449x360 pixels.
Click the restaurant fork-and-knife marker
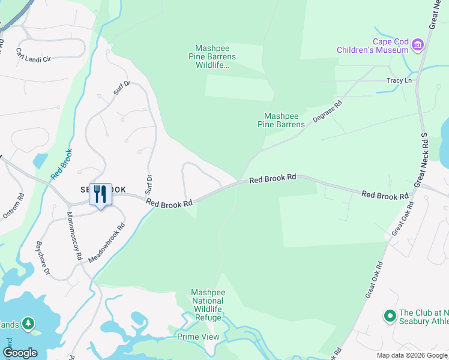tap(100, 194)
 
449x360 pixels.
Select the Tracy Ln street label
tap(399, 80)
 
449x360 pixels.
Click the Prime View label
tap(199, 337)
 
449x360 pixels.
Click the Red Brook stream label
tap(61, 164)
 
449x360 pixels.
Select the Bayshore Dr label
tap(42, 257)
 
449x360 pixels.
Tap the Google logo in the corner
tap(20, 353)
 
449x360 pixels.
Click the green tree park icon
tap(28, 324)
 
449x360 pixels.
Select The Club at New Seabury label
tap(423, 317)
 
